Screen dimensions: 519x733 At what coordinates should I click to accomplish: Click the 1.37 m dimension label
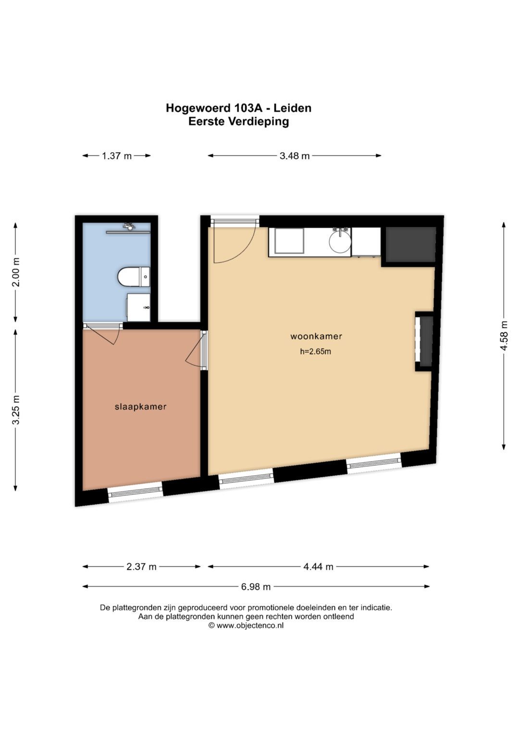pos(117,156)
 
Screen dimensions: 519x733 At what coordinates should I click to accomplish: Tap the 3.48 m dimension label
pos(295,156)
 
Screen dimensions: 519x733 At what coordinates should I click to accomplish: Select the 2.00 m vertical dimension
pos(16,272)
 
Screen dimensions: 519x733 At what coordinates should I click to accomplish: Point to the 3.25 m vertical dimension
pos(16,409)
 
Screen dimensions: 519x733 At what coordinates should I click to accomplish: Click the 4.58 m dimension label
pos(504,336)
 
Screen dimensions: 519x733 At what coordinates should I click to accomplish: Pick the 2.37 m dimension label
pos(141,567)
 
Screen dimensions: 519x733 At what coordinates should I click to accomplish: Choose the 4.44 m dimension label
pos(318,567)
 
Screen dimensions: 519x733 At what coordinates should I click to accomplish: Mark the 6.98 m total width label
pos(256,587)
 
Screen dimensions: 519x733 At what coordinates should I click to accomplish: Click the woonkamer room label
pos(316,336)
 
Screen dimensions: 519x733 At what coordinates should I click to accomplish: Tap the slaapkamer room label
pos(140,407)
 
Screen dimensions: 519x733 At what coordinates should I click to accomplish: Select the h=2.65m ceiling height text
pos(316,352)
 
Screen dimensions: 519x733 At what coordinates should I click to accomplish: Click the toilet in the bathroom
pos(134,277)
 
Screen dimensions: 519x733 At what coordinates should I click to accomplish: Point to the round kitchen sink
pos(340,242)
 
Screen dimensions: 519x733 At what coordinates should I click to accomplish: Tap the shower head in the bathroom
pos(129,226)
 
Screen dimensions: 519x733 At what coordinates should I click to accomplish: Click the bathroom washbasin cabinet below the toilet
pos(138,307)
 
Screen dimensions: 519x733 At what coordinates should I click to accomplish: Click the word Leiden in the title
pos(292,108)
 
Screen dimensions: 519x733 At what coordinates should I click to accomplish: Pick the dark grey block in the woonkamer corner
pos(410,244)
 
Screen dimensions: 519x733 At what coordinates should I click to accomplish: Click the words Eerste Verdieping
pos(238,121)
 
